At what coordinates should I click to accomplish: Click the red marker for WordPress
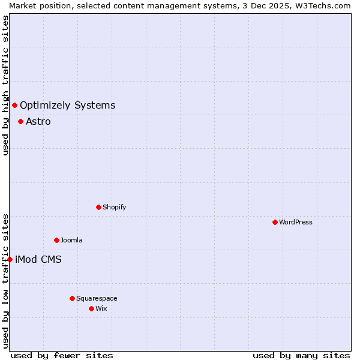275,222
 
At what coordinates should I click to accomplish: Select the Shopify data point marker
99,207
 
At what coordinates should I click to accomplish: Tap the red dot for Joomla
57,240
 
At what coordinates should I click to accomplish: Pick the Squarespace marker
73,298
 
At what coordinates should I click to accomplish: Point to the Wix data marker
92,308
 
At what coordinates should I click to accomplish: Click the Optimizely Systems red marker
15,106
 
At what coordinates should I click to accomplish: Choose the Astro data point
21,121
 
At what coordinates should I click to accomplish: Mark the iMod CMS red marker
10,259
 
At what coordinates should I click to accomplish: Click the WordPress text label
296,222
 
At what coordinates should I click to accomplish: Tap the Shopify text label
115,207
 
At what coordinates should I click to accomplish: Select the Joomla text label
71,240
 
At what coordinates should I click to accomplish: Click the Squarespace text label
97,298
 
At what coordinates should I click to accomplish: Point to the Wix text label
101,308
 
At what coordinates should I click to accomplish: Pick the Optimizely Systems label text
67,106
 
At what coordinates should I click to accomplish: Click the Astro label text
38,121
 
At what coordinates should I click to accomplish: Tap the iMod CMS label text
38,259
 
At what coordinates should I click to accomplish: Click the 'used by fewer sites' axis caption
62,355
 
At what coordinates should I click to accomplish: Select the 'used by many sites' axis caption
301,355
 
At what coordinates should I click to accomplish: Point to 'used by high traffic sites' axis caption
5,85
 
